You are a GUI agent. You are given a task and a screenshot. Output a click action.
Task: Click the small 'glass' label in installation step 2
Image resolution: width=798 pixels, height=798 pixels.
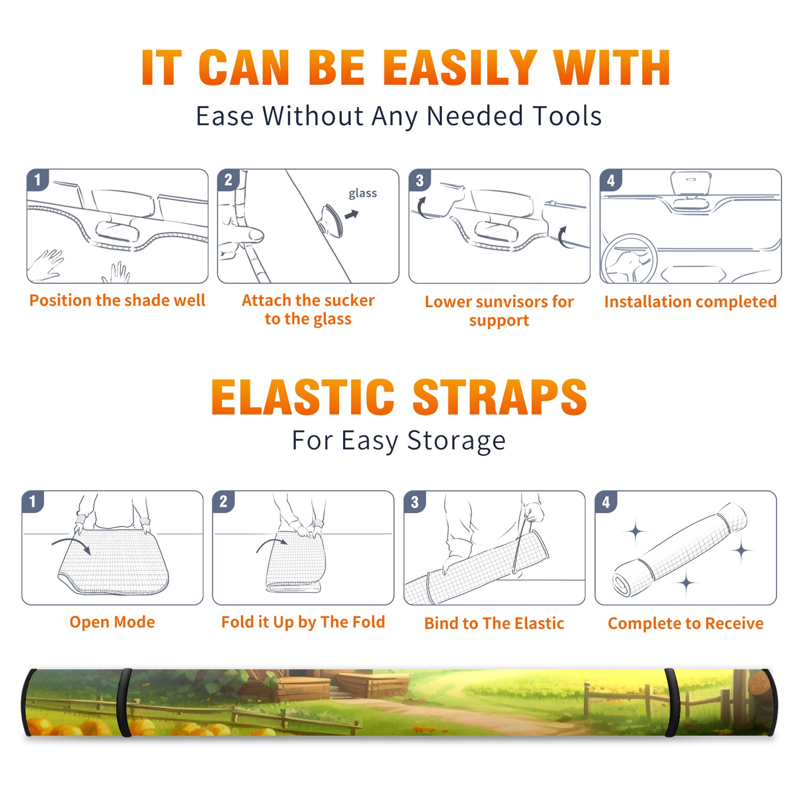363,194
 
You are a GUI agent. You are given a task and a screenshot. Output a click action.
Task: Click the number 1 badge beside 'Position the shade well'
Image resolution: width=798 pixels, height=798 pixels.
38,180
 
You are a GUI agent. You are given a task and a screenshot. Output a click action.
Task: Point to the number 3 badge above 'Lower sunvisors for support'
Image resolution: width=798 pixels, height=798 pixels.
419,180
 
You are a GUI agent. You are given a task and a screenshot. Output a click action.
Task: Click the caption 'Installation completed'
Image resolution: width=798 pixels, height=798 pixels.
690,302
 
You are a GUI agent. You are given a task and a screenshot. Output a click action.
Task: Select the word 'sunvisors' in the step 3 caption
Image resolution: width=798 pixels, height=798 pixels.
512,302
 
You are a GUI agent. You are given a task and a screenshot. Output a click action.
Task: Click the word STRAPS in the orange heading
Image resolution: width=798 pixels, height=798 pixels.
500,397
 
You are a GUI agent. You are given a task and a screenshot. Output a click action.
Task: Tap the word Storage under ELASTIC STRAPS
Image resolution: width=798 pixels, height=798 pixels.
456,441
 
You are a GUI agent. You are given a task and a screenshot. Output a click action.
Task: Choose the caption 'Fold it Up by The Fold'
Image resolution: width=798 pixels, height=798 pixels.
303,622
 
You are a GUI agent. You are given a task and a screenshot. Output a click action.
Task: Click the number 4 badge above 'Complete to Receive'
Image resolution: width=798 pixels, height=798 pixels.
606,502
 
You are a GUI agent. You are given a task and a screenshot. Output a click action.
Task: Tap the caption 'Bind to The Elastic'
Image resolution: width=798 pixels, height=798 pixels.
494,623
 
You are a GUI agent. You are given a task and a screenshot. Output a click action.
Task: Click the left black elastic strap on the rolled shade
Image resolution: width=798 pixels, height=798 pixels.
124,702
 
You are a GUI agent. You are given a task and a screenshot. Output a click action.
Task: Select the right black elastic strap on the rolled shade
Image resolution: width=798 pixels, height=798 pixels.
672,702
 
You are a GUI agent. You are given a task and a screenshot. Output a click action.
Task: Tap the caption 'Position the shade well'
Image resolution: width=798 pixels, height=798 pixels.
117,300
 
